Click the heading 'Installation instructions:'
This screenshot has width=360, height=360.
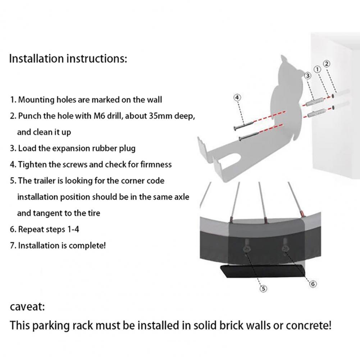tap(68, 59)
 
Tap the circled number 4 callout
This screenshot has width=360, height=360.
tap(237, 97)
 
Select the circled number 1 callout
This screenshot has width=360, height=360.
tap(318, 69)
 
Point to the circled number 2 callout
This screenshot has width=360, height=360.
tap(327, 64)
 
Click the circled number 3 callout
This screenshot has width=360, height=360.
tap(308, 76)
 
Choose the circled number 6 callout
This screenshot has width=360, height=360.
tap(313, 284)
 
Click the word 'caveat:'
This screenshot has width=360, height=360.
tap(27, 307)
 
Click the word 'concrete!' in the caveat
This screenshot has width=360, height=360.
tap(308, 326)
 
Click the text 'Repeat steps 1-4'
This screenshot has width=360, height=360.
tap(49, 229)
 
